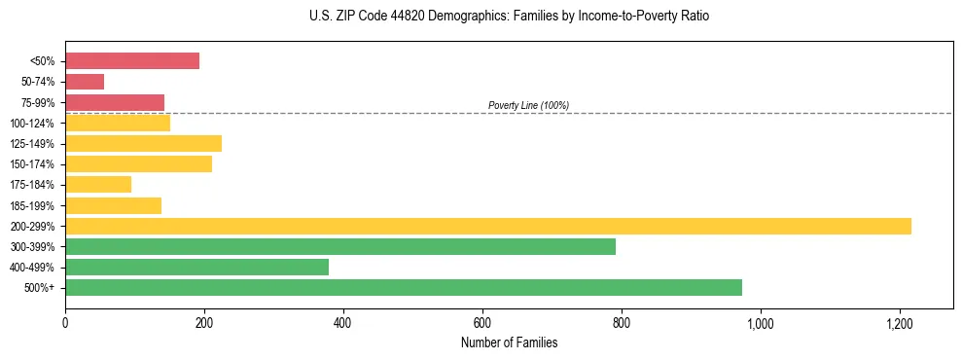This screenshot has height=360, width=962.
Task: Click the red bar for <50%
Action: pos(132,61)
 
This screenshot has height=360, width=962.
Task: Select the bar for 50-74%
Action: pos(85,82)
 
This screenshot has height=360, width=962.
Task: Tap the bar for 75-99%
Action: pos(115,102)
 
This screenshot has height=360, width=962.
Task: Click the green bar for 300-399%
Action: pos(340,246)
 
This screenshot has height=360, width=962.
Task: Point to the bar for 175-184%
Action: pos(98,184)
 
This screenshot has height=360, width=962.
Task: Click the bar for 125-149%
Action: pos(143,143)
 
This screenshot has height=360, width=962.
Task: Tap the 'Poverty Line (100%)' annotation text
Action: pos(528,105)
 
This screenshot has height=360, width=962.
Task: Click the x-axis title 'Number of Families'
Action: pos(509,342)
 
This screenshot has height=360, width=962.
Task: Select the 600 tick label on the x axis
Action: pos(482,322)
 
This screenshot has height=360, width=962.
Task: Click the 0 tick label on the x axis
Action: pos(65,322)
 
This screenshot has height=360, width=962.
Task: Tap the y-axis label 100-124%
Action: pos(32,124)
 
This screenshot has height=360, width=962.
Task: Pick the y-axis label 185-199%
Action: pos(32,205)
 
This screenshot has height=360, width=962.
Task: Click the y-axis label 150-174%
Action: pos(32,164)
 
